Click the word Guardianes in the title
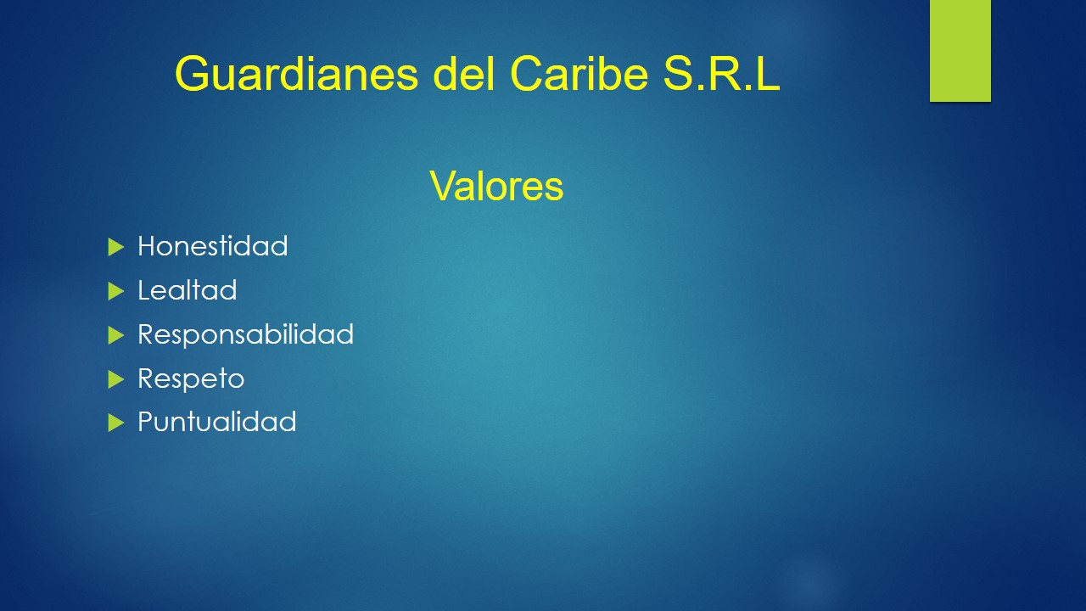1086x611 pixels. [x=297, y=75]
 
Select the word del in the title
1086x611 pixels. [x=464, y=75]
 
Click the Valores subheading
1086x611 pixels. [x=496, y=186]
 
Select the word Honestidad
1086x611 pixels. [x=212, y=246]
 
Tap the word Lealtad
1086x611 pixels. [x=187, y=290]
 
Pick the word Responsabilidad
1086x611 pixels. [x=245, y=334]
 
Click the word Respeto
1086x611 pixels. [x=191, y=378]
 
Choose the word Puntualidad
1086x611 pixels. [x=216, y=422]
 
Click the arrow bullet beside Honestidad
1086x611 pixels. [x=116, y=247]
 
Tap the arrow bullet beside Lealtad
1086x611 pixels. [x=116, y=291]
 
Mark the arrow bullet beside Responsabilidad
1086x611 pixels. [x=116, y=335]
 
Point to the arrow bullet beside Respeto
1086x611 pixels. [x=116, y=378]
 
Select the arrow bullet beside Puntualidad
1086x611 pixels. [x=116, y=423]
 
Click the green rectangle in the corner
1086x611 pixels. [x=960, y=50]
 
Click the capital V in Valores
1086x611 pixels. [x=441, y=186]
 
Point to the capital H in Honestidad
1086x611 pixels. [x=147, y=246]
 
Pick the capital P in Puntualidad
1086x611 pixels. [x=146, y=422]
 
